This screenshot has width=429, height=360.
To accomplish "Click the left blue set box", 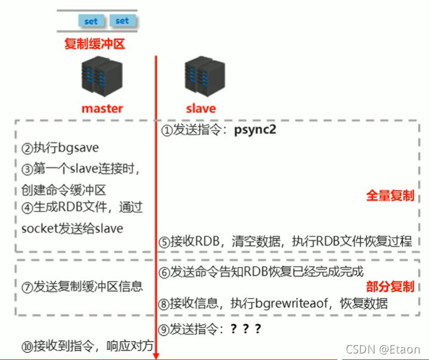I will tap(91, 21).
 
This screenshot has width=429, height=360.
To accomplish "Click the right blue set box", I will tap(122, 21).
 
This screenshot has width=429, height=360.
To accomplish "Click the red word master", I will tap(101, 108).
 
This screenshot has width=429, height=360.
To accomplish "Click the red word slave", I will tap(200, 108).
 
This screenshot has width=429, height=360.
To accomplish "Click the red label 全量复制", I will tap(391, 196).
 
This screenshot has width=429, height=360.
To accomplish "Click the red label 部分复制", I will tap(391, 287).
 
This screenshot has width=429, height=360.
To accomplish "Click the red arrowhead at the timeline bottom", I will tap(156, 356).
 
